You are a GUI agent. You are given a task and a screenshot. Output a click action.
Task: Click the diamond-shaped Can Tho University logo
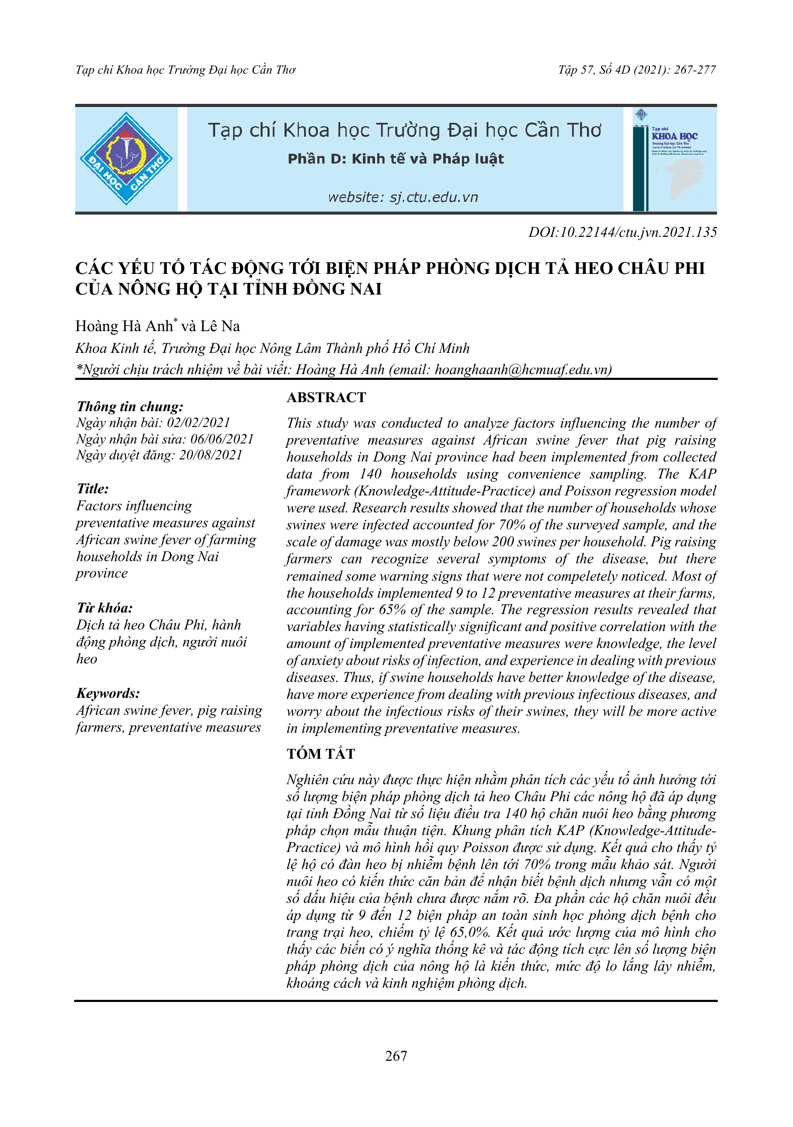pos(126,158)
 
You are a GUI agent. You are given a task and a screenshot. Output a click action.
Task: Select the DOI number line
pos(622,232)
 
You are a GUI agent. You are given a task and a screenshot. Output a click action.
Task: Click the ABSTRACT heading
pos(326,397)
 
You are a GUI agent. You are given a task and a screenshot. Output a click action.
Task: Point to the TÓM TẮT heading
pos(320,753)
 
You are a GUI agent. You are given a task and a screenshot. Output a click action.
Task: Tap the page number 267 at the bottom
pos(396,1056)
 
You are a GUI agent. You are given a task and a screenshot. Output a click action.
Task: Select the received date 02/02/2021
pos(199,423)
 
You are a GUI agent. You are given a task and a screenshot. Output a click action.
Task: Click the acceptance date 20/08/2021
pos(211,455)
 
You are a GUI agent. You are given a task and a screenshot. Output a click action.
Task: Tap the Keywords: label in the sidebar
pos(108,693)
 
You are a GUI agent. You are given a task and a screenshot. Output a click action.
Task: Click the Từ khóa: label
pos(104,608)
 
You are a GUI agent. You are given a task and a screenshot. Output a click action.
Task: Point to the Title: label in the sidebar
pos(93,489)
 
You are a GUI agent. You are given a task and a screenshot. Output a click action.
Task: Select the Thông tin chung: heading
pos(130,406)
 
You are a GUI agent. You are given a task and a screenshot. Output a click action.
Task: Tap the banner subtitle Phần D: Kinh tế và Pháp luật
pos(396,159)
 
